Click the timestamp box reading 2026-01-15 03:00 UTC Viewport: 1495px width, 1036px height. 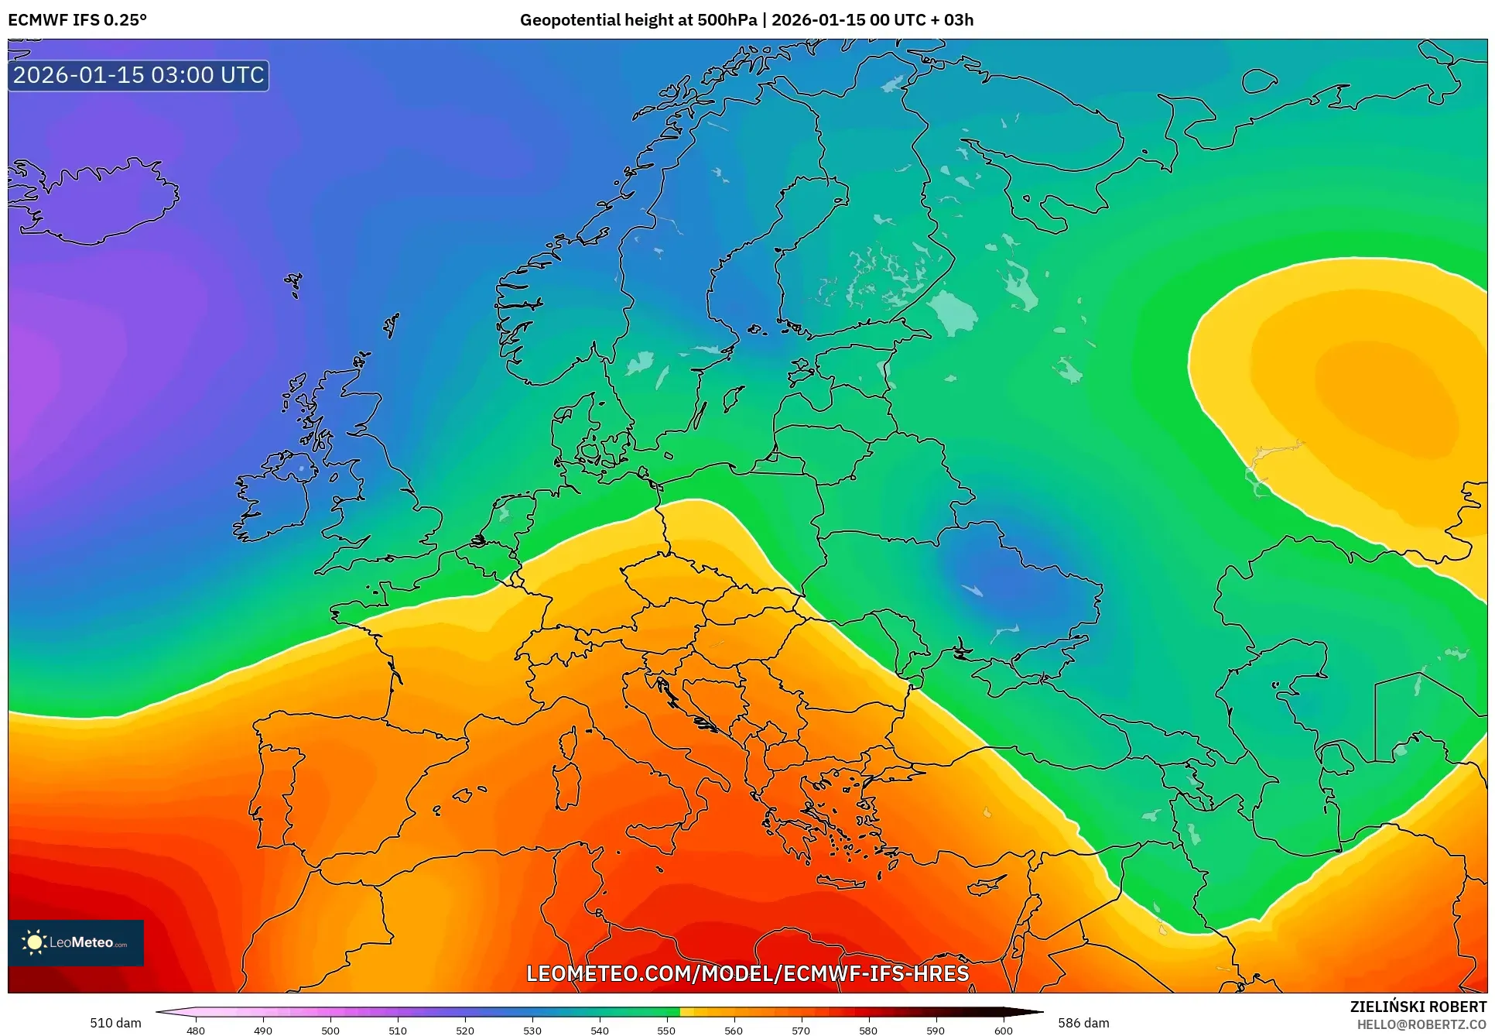[139, 75]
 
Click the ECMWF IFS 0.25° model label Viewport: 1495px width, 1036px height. [77, 20]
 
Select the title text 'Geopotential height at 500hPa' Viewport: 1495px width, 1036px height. [638, 20]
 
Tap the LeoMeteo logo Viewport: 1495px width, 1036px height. [76, 942]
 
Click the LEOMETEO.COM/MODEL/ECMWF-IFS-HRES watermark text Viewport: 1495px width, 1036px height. [747, 973]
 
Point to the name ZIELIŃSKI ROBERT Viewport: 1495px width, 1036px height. [1418, 1007]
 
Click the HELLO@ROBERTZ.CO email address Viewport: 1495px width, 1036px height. [1421, 1024]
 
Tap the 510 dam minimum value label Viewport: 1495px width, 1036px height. [115, 1023]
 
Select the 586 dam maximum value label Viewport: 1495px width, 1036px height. [1083, 1023]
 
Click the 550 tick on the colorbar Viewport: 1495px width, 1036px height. [666, 1030]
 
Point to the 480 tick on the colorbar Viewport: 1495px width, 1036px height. [196, 1030]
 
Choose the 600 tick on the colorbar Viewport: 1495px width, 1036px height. [1003, 1030]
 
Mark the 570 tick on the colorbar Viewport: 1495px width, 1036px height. [801, 1030]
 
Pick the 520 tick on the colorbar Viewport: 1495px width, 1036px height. [465, 1030]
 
